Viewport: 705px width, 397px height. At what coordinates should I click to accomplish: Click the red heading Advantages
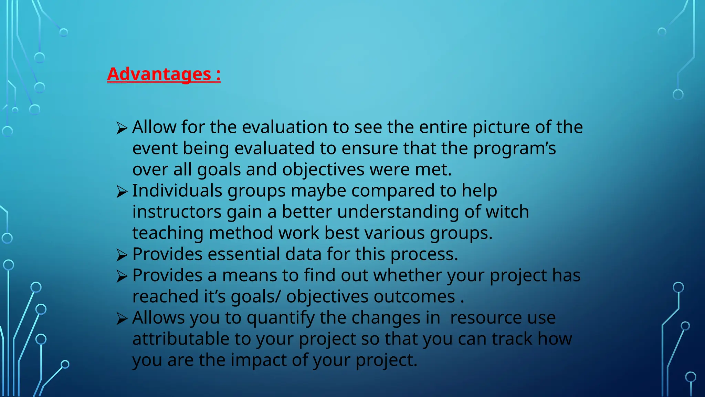pos(164,74)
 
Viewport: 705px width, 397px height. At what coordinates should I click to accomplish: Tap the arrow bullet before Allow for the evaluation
pos(122,128)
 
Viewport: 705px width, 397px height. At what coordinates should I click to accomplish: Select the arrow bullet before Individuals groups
pos(122,192)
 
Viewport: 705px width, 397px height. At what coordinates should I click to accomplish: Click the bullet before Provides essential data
pos(122,255)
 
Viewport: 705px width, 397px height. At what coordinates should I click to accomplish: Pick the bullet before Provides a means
pos(122,276)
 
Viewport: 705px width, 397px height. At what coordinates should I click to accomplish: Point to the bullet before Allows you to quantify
pos(122,319)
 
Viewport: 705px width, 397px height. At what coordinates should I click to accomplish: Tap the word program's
pos(514,149)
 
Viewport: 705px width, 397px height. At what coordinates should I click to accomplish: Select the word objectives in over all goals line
pos(323,170)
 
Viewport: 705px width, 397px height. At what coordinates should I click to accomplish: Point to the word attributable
pos(181,339)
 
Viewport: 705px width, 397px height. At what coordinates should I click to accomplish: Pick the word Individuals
pos(177,191)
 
